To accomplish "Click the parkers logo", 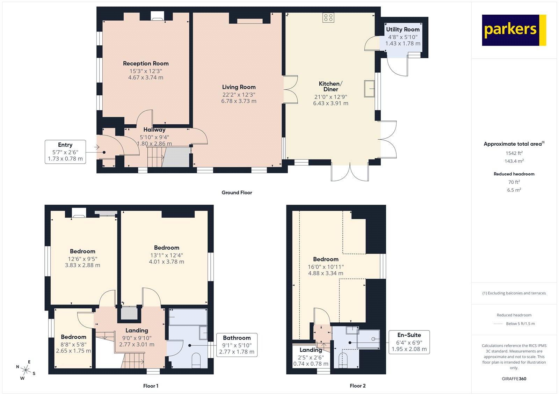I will [514, 30].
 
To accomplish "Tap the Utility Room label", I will [402, 30].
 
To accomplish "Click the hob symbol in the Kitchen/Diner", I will [328, 17].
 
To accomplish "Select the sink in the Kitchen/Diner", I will [369, 88].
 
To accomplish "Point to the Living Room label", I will [239, 87].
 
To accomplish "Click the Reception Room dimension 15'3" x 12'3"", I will [146, 71].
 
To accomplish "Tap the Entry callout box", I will [65, 152].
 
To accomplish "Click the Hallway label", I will [154, 130].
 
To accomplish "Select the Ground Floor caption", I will [237, 192].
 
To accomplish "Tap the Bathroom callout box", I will [237, 345].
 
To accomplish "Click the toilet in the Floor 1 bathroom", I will [196, 360].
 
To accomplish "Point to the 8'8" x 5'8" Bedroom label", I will [73, 337].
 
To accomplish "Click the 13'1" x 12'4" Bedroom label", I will [166, 248].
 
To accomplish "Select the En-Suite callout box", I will [409, 342].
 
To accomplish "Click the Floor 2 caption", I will [357, 386].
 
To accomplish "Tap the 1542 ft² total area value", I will [514, 153].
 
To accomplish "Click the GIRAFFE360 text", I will [514, 379].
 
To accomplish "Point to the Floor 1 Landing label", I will [137, 330].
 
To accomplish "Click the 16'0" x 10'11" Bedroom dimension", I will [326, 267].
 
